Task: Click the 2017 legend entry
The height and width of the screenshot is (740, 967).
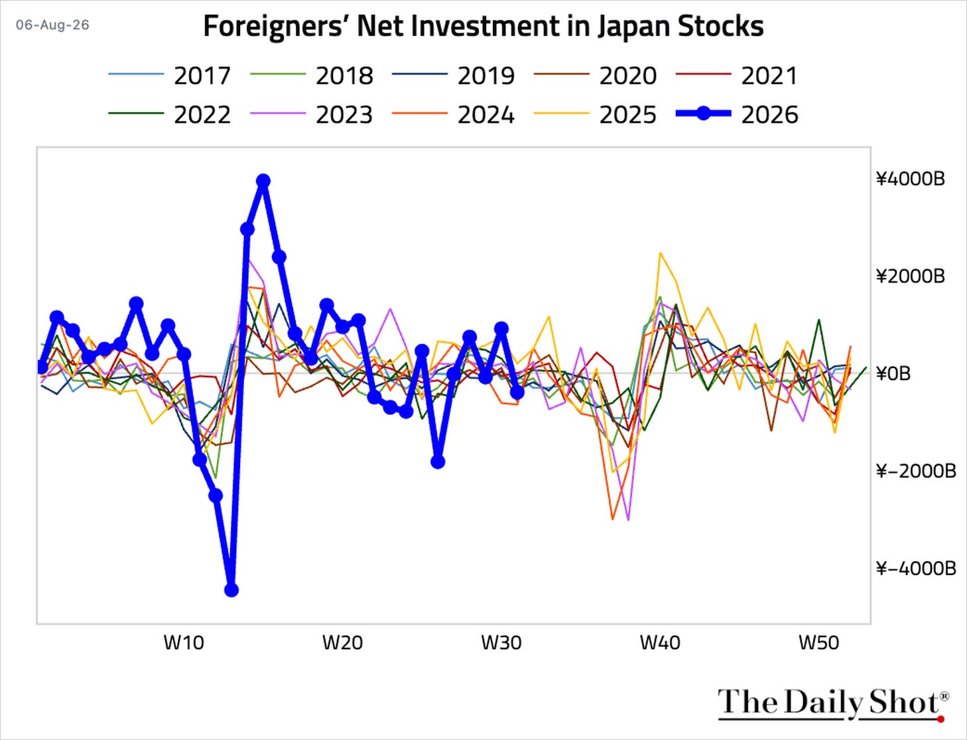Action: coord(170,76)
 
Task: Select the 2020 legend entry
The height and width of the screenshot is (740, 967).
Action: coord(595,76)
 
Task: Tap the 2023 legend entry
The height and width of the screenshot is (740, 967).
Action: coord(312,115)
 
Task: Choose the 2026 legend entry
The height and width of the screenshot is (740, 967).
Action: coord(737,115)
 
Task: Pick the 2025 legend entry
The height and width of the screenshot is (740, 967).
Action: coord(595,115)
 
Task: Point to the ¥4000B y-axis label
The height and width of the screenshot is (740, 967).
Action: coord(911,179)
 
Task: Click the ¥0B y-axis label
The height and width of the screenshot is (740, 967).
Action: coord(893,373)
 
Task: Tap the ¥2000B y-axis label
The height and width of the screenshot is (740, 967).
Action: coord(911,277)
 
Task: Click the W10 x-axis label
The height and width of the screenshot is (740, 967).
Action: coord(184,643)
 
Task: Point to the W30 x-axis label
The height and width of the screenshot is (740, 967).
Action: coord(501,643)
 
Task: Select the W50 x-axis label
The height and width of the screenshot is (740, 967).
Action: coord(819,643)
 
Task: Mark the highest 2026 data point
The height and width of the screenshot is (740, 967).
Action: coord(263,180)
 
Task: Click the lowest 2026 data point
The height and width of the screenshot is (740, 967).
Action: coord(231,590)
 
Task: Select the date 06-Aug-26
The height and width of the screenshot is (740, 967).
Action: coord(52,25)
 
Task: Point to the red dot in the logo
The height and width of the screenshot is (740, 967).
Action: coord(941,718)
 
